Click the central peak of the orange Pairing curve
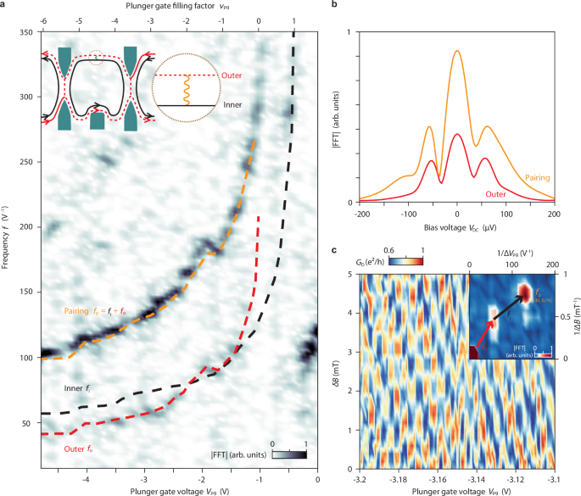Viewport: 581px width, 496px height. click(457, 51)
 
